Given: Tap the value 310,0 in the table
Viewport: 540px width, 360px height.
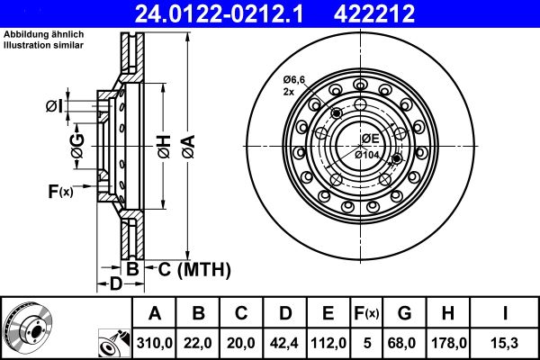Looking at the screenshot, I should click(156, 342).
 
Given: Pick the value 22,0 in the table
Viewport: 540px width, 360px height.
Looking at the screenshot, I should click(199, 342).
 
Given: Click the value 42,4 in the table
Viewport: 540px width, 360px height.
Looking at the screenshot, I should click(285, 342).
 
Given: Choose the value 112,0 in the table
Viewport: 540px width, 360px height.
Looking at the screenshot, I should click(328, 342).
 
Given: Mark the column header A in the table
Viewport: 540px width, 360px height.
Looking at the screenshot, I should click(156, 313).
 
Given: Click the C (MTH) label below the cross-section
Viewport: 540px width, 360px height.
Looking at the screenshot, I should click(193, 269).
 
